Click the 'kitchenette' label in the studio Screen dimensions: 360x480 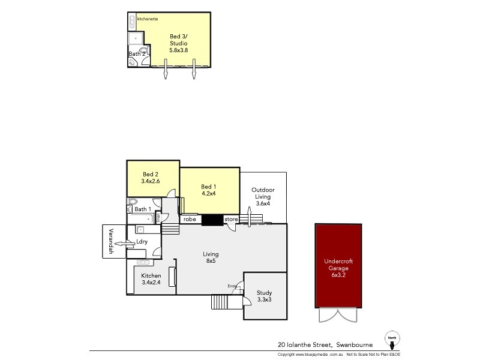coord(148,19)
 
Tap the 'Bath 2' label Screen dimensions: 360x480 coord(137,54)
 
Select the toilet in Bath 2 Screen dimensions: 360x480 coord(143,51)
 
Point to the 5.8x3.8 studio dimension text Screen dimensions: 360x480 coord(179,51)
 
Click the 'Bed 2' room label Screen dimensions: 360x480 coord(150,173)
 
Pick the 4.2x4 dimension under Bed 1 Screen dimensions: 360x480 coord(209,194)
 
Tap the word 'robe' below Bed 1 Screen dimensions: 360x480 coord(190,220)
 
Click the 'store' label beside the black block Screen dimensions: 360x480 coord(231,220)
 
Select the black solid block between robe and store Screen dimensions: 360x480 coord(212,220)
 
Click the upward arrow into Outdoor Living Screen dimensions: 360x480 coord(248,215)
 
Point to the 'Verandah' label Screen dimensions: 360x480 coord(111,241)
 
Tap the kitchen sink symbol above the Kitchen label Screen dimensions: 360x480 coord(143,262)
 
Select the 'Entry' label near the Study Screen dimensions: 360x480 coord(232,286)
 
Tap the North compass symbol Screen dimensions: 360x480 coord(392,340)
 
